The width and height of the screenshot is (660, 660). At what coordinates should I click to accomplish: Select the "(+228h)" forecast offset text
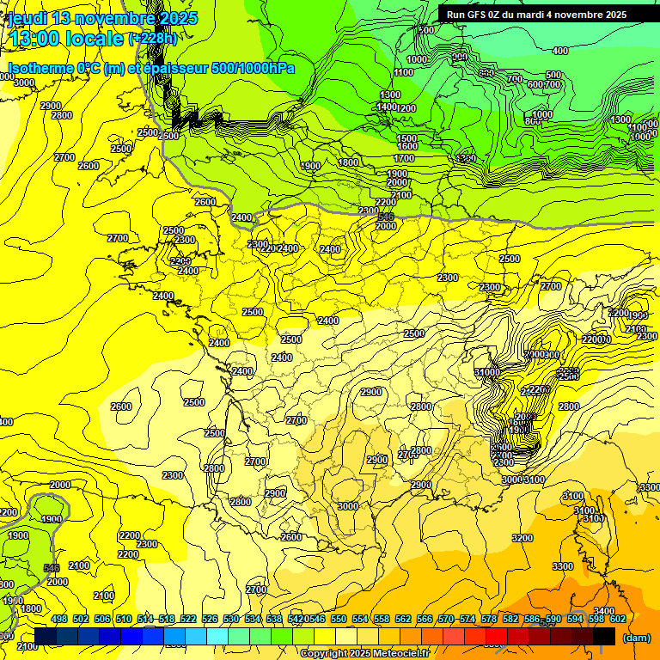[152, 39]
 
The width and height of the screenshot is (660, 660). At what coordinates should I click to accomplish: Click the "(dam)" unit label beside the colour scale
[636, 637]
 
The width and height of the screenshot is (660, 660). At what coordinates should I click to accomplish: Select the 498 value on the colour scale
[59, 619]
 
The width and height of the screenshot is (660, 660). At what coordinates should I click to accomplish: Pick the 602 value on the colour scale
[618, 619]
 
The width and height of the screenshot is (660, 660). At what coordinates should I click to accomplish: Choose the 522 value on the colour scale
[188, 619]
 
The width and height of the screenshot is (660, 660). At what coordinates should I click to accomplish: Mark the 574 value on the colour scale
[467, 619]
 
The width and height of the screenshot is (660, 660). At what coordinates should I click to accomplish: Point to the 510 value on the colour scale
[124, 619]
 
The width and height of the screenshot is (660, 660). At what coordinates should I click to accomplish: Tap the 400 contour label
[560, 51]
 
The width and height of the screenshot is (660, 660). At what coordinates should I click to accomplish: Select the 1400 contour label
[387, 107]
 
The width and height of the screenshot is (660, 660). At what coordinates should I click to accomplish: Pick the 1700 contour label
[404, 158]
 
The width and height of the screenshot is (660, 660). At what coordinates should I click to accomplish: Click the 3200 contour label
[522, 538]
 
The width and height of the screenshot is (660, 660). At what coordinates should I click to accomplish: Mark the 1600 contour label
[407, 147]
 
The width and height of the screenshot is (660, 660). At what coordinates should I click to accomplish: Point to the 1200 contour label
[406, 108]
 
